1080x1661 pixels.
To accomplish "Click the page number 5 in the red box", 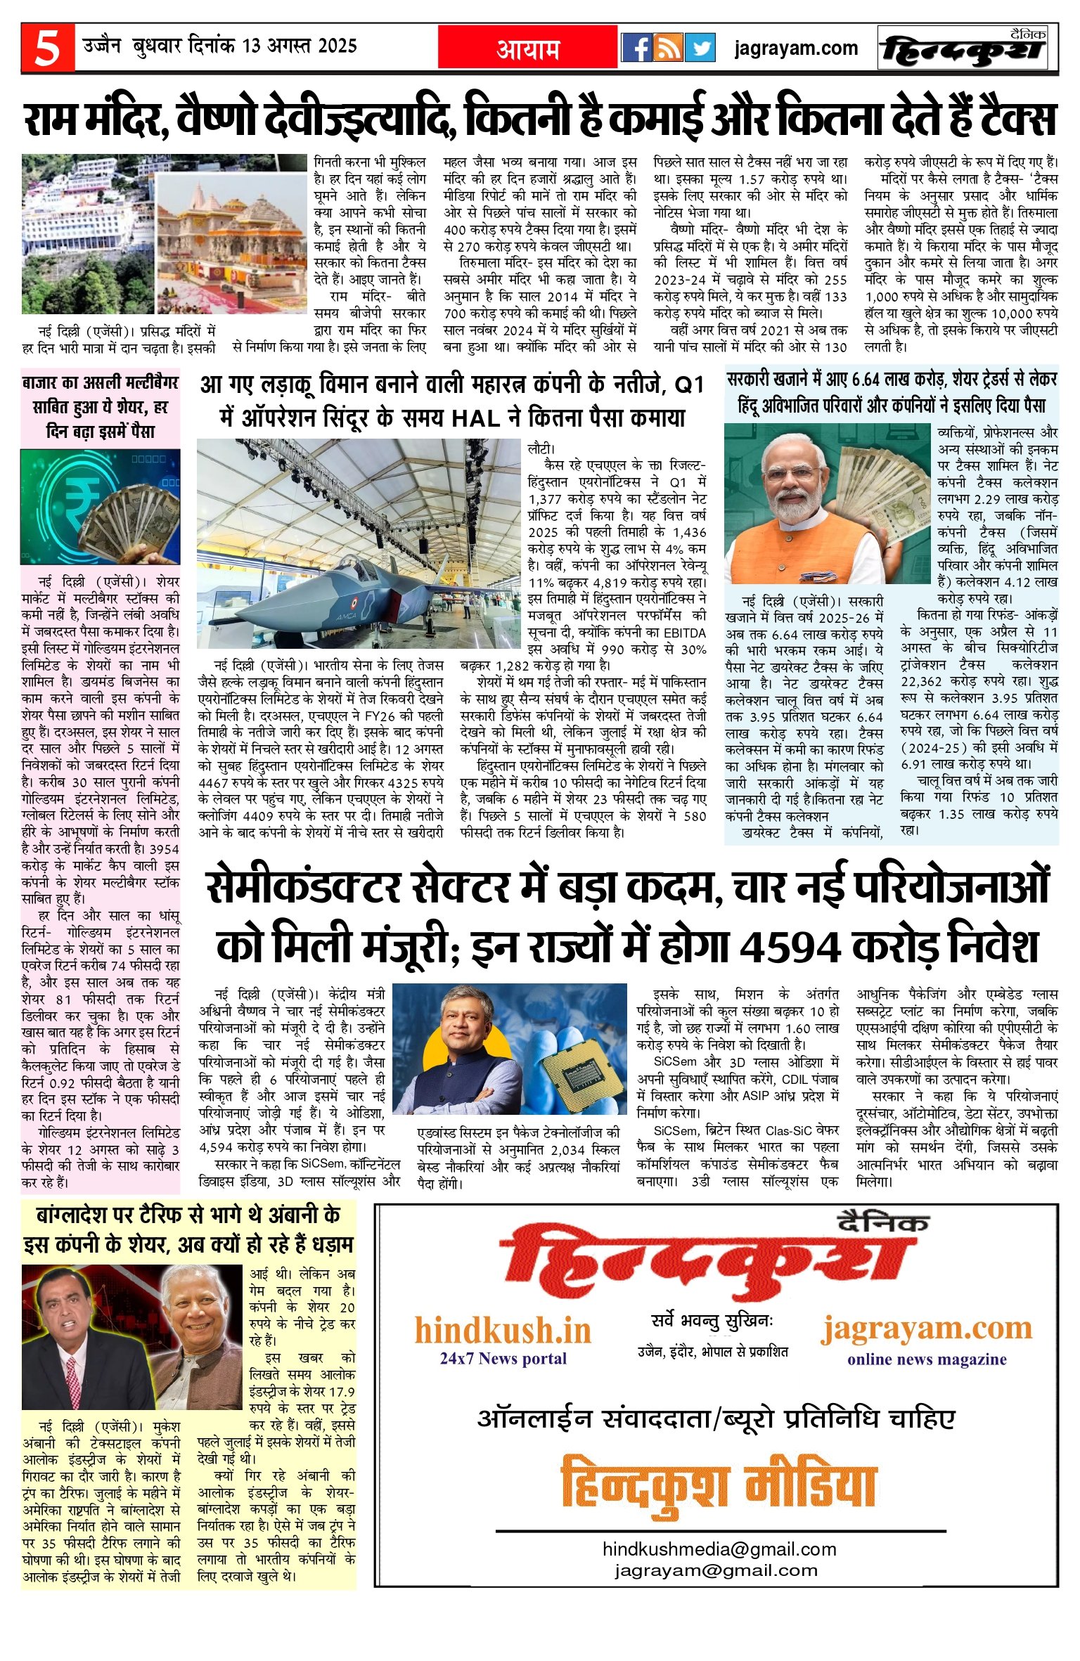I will coord(47,49).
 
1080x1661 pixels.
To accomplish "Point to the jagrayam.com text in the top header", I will coord(796,49).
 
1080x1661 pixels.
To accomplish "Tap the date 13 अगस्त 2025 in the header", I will coord(299,47).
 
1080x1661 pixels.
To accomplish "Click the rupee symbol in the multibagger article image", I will coord(72,497).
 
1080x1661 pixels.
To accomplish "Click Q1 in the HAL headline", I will coord(688,386).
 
